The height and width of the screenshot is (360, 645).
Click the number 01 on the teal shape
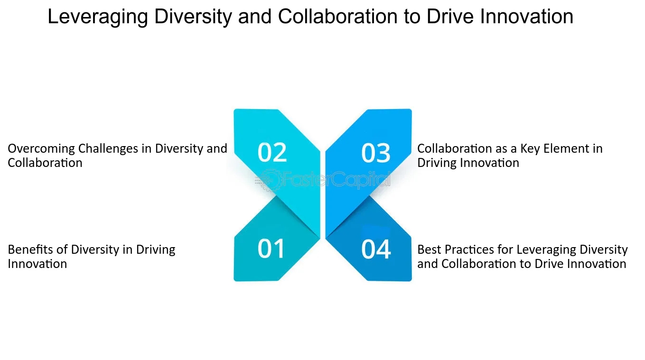click(x=271, y=249)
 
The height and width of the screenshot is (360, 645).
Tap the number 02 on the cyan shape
click(x=272, y=152)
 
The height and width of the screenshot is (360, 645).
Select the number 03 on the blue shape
click(x=376, y=153)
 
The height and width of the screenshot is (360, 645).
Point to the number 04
click(x=376, y=249)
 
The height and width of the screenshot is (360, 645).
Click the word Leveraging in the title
click(x=98, y=17)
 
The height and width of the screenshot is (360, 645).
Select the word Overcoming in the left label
click(x=41, y=149)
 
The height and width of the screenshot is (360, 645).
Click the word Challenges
click(x=108, y=149)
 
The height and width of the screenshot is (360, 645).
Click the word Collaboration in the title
click(x=337, y=17)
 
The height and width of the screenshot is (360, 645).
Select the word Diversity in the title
click(x=193, y=17)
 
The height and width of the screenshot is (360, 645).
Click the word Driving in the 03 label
click(x=437, y=163)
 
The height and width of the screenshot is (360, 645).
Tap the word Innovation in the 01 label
click(x=37, y=264)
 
